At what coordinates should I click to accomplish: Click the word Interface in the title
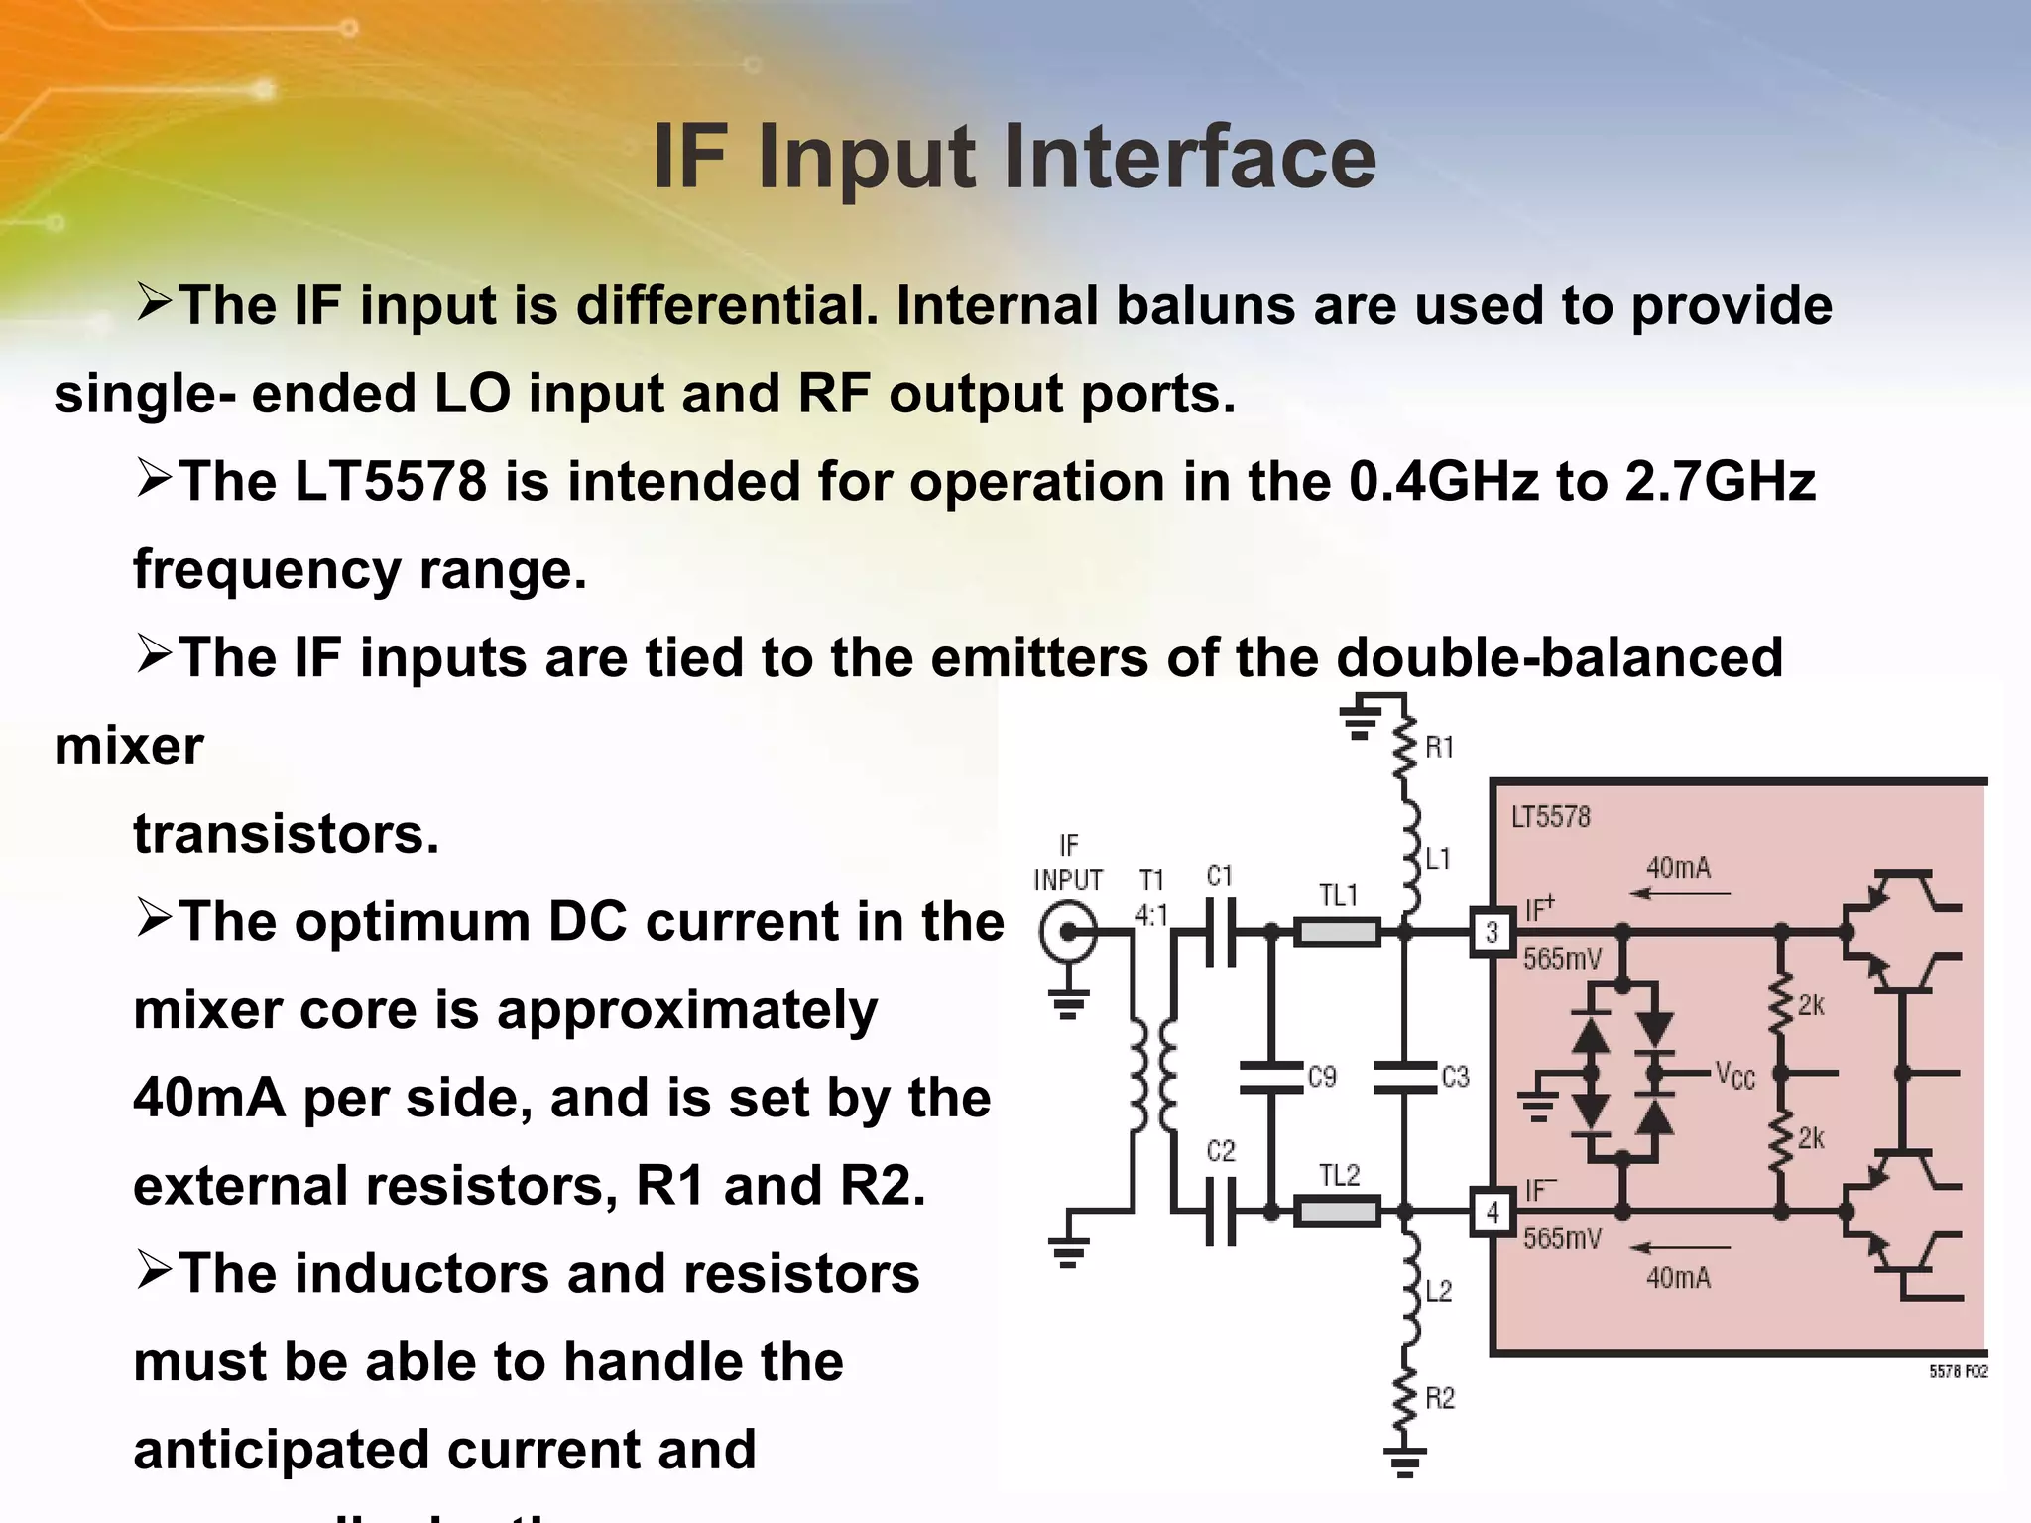1189,158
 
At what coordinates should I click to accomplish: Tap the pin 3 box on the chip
1492,932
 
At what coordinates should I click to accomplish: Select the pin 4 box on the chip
1492,1212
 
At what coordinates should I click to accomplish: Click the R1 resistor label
1439,748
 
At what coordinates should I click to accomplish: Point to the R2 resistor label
1439,1398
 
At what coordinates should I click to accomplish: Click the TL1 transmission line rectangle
1337,932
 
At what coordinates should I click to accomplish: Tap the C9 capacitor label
1322,1077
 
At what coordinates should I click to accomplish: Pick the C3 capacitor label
1455,1077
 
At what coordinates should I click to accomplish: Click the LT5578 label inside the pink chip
1551,817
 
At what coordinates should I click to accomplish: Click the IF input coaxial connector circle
1068,932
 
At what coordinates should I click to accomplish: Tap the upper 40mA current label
1678,868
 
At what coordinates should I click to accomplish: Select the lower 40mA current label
1678,1278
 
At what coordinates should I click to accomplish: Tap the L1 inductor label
1438,859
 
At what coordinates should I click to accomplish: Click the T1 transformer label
1151,879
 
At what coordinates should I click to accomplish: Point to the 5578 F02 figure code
1958,1372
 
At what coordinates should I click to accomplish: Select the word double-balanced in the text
1559,657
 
